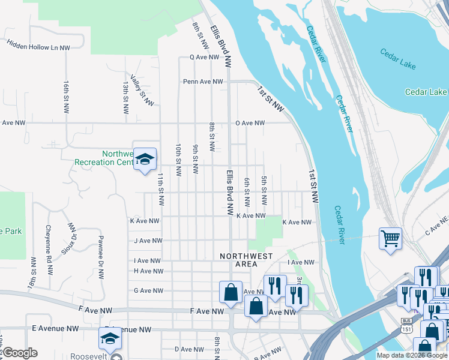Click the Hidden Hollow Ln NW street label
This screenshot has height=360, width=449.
tap(38, 44)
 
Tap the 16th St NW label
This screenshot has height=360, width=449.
tap(65, 96)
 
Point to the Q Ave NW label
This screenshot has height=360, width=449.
tap(206, 58)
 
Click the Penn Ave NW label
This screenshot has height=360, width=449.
tap(203, 82)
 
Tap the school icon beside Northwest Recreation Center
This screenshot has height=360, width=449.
tap(145, 159)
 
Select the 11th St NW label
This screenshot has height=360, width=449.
tap(161, 189)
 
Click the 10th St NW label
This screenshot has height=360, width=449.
tap(178, 160)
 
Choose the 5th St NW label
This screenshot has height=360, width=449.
tap(264, 190)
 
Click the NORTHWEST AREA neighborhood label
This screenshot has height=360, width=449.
tap(246, 260)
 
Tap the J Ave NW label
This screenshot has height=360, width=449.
tap(148, 241)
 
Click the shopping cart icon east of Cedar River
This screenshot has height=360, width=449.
tap(390, 239)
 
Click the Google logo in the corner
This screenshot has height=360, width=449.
tap(19, 353)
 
